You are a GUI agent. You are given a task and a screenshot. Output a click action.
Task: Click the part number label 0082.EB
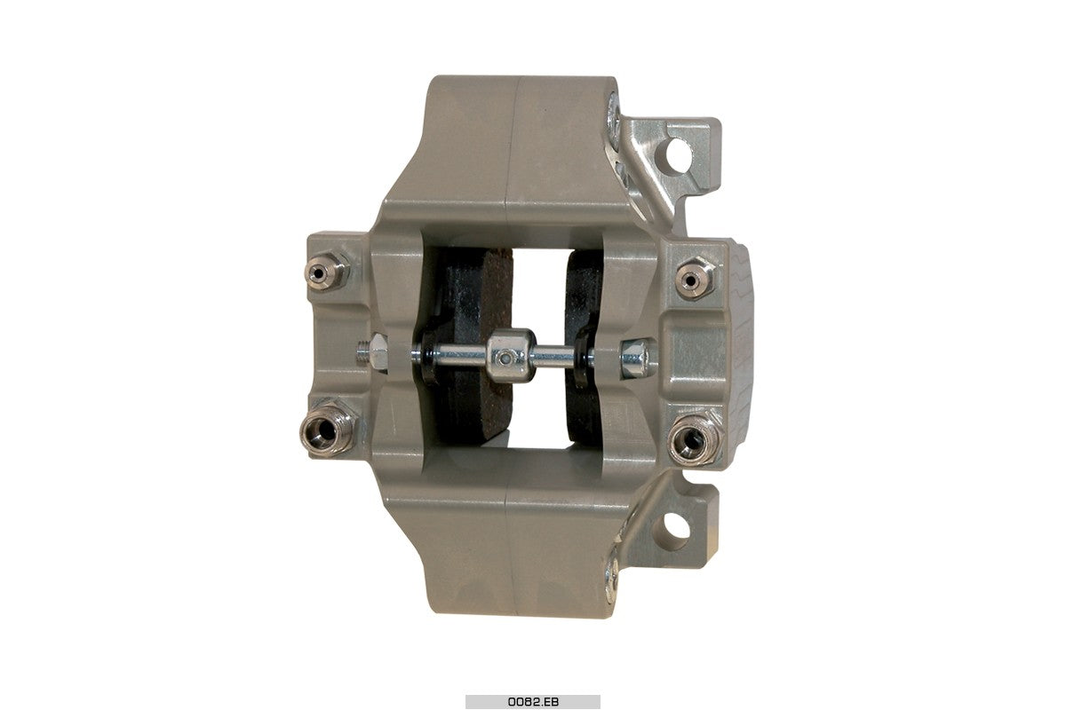pos(532,701)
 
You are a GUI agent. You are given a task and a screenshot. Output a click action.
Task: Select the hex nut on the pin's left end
pos(377,352)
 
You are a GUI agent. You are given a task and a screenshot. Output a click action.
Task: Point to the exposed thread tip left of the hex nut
pos(362,352)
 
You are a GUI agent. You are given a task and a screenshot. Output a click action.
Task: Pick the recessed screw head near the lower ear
pos(612,574)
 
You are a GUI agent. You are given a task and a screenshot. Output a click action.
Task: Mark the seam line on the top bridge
pos(513,142)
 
